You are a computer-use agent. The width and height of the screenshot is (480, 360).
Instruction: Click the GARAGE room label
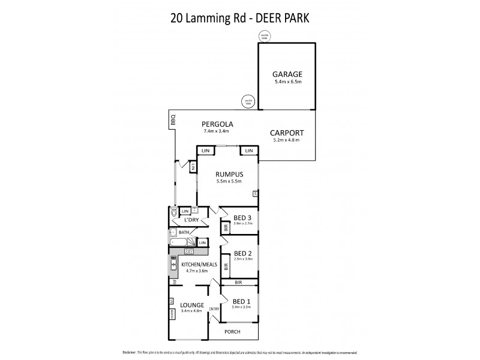pyautogui.click(x=284, y=74)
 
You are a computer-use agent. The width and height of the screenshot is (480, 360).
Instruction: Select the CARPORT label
pyautogui.click(x=286, y=133)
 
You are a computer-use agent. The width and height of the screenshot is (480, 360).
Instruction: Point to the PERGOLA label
pyautogui.click(x=217, y=124)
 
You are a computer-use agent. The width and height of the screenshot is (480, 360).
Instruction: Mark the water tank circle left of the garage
pyautogui.click(x=247, y=103)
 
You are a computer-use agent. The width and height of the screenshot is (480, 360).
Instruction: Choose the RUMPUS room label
pyautogui.click(x=228, y=175)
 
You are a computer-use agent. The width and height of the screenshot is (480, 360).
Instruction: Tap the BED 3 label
pyautogui.click(x=243, y=217)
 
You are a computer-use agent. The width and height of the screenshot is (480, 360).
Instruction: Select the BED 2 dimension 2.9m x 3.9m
pyautogui.click(x=243, y=259)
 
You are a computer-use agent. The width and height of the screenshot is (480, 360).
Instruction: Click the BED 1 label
pyautogui.click(x=242, y=301)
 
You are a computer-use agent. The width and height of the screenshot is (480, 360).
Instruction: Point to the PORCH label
pyautogui.click(x=233, y=331)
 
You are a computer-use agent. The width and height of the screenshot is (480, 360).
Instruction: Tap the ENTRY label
pyautogui.click(x=214, y=309)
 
